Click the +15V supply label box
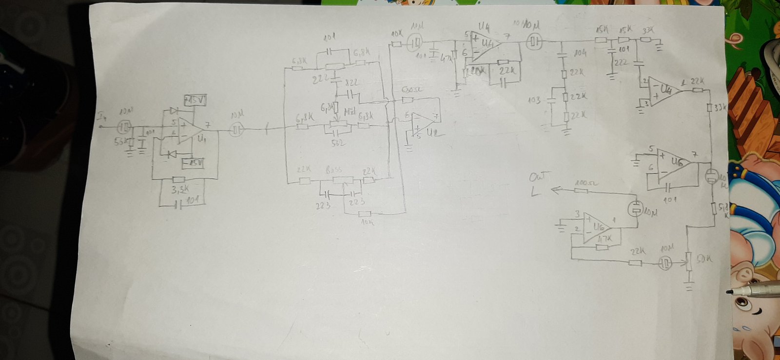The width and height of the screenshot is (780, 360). [x=195, y=100]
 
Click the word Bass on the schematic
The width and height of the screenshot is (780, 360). [x=333, y=170]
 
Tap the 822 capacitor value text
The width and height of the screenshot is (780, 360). [x=351, y=83]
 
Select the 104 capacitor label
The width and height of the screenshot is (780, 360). [x=580, y=53]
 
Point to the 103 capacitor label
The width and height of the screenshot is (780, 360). [x=534, y=100]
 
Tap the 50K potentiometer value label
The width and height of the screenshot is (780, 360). [x=704, y=260]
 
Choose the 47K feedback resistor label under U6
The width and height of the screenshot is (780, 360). [x=604, y=239]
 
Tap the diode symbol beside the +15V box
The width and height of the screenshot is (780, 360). [x=172, y=111]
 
